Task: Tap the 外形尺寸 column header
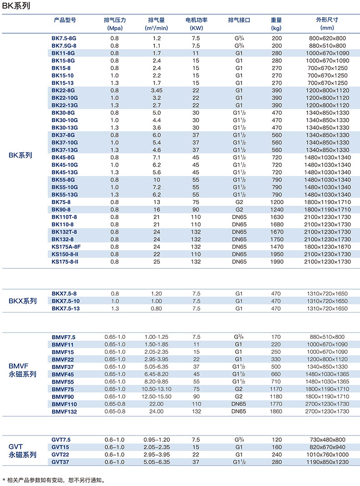tap(327, 20)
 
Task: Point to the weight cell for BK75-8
tap(276, 202)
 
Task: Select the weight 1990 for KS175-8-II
tap(276, 261)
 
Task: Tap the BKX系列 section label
tap(23, 301)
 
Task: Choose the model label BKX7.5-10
tap(66, 301)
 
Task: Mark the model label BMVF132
tap(64, 411)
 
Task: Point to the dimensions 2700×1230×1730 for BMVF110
tap(327, 404)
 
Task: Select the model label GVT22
tap(60, 455)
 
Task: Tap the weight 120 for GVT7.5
tap(276, 440)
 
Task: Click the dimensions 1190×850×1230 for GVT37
tap(327, 462)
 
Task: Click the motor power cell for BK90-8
tap(196, 209)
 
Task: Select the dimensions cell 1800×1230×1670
tap(327, 246)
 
